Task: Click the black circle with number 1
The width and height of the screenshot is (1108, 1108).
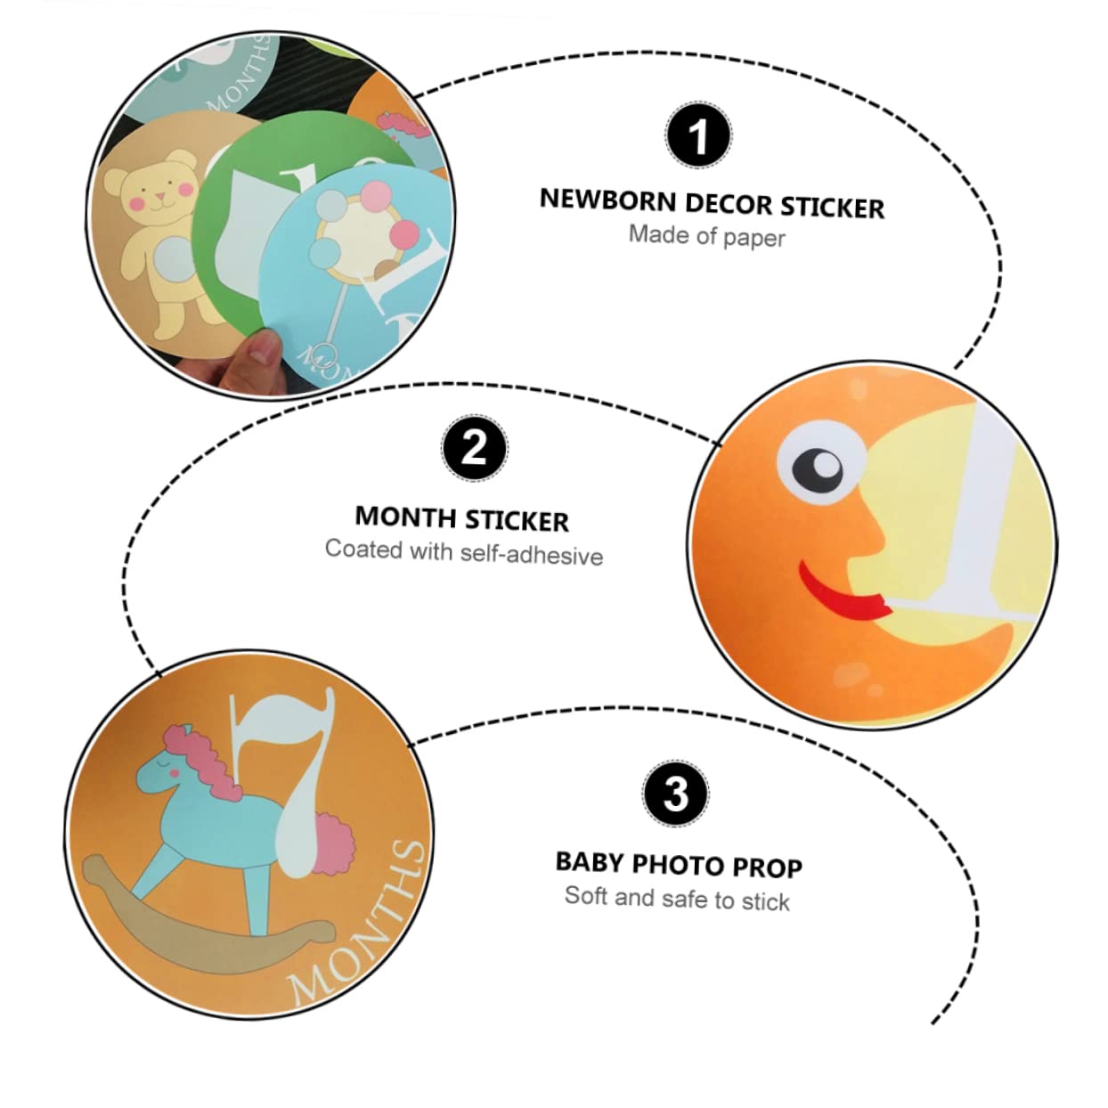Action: [698, 135]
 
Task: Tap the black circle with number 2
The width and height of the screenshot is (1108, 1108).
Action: [475, 448]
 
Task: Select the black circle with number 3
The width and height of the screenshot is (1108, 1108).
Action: [676, 794]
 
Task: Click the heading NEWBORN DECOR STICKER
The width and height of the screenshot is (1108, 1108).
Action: [712, 204]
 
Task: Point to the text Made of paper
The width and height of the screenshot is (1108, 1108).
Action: [706, 236]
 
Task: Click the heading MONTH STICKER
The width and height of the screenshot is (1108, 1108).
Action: [461, 518]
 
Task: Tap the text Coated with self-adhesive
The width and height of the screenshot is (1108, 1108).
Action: [464, 552]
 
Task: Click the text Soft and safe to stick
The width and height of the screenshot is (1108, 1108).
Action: [677, 899]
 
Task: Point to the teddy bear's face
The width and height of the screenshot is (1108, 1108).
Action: [159, 188]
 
